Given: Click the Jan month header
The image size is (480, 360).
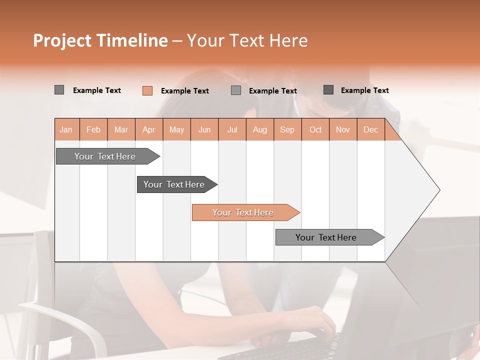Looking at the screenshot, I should [66, 129].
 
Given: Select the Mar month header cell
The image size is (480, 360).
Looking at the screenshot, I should [121, 129].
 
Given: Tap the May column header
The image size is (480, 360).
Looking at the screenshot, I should [176, 129].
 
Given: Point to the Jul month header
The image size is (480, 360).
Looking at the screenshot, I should [232, 129].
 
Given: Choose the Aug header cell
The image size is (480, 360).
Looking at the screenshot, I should [259, 129].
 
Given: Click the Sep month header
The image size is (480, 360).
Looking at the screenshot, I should [287, 129].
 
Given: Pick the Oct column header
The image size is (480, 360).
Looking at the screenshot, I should [315, 129].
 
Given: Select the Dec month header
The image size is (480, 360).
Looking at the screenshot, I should [370, 129].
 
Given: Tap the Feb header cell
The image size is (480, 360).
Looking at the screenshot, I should [93, 129].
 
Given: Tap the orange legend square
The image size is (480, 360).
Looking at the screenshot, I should [147, 90].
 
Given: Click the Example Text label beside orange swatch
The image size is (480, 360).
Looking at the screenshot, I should [184, 91].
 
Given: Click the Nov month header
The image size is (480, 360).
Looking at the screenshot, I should [342, 129].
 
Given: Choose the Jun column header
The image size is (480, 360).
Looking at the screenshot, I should [204, 129].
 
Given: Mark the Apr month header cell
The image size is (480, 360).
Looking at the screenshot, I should [148, 129].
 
